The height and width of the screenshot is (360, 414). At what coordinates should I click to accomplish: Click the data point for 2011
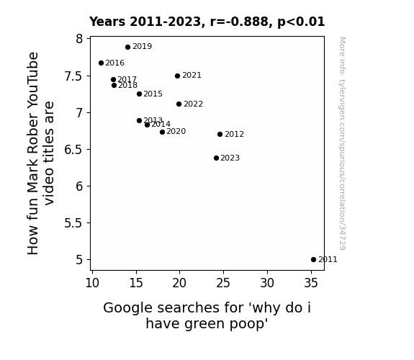pos(313,260)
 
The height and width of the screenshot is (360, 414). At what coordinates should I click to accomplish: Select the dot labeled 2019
pos(127,48)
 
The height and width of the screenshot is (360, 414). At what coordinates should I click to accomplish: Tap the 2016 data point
pos(101,63)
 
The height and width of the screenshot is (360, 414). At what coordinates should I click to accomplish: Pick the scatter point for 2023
pos(216,158)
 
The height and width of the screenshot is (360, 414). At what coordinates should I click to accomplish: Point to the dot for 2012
pos(220,135)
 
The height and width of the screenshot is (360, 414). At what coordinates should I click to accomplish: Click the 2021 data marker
pos(177,76)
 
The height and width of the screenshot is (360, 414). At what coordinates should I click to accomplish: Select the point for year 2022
pos(179,104)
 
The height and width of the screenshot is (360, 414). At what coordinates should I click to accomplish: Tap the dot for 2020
pos(163,132)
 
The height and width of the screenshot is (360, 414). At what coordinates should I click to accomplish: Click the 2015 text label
pos(153,94)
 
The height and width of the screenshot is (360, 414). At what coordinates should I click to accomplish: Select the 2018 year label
pos(127,85)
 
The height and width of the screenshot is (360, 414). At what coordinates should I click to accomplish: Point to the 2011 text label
pos(328,260)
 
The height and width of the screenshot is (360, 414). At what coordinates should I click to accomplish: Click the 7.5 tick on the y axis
pos(73,76)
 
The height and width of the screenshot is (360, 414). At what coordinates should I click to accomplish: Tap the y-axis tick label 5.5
pos(73,223)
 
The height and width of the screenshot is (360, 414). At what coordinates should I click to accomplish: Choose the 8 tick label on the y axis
pos(79,39)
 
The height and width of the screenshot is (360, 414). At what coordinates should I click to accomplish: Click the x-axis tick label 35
pos(311,283)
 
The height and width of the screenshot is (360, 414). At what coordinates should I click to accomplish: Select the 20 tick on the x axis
pos(179,283)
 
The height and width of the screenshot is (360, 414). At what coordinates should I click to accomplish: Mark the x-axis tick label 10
pos(92,283)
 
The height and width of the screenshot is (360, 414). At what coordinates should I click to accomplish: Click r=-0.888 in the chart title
pos(239,22)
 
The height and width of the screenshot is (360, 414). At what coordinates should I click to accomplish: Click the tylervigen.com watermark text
pos(342,144)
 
